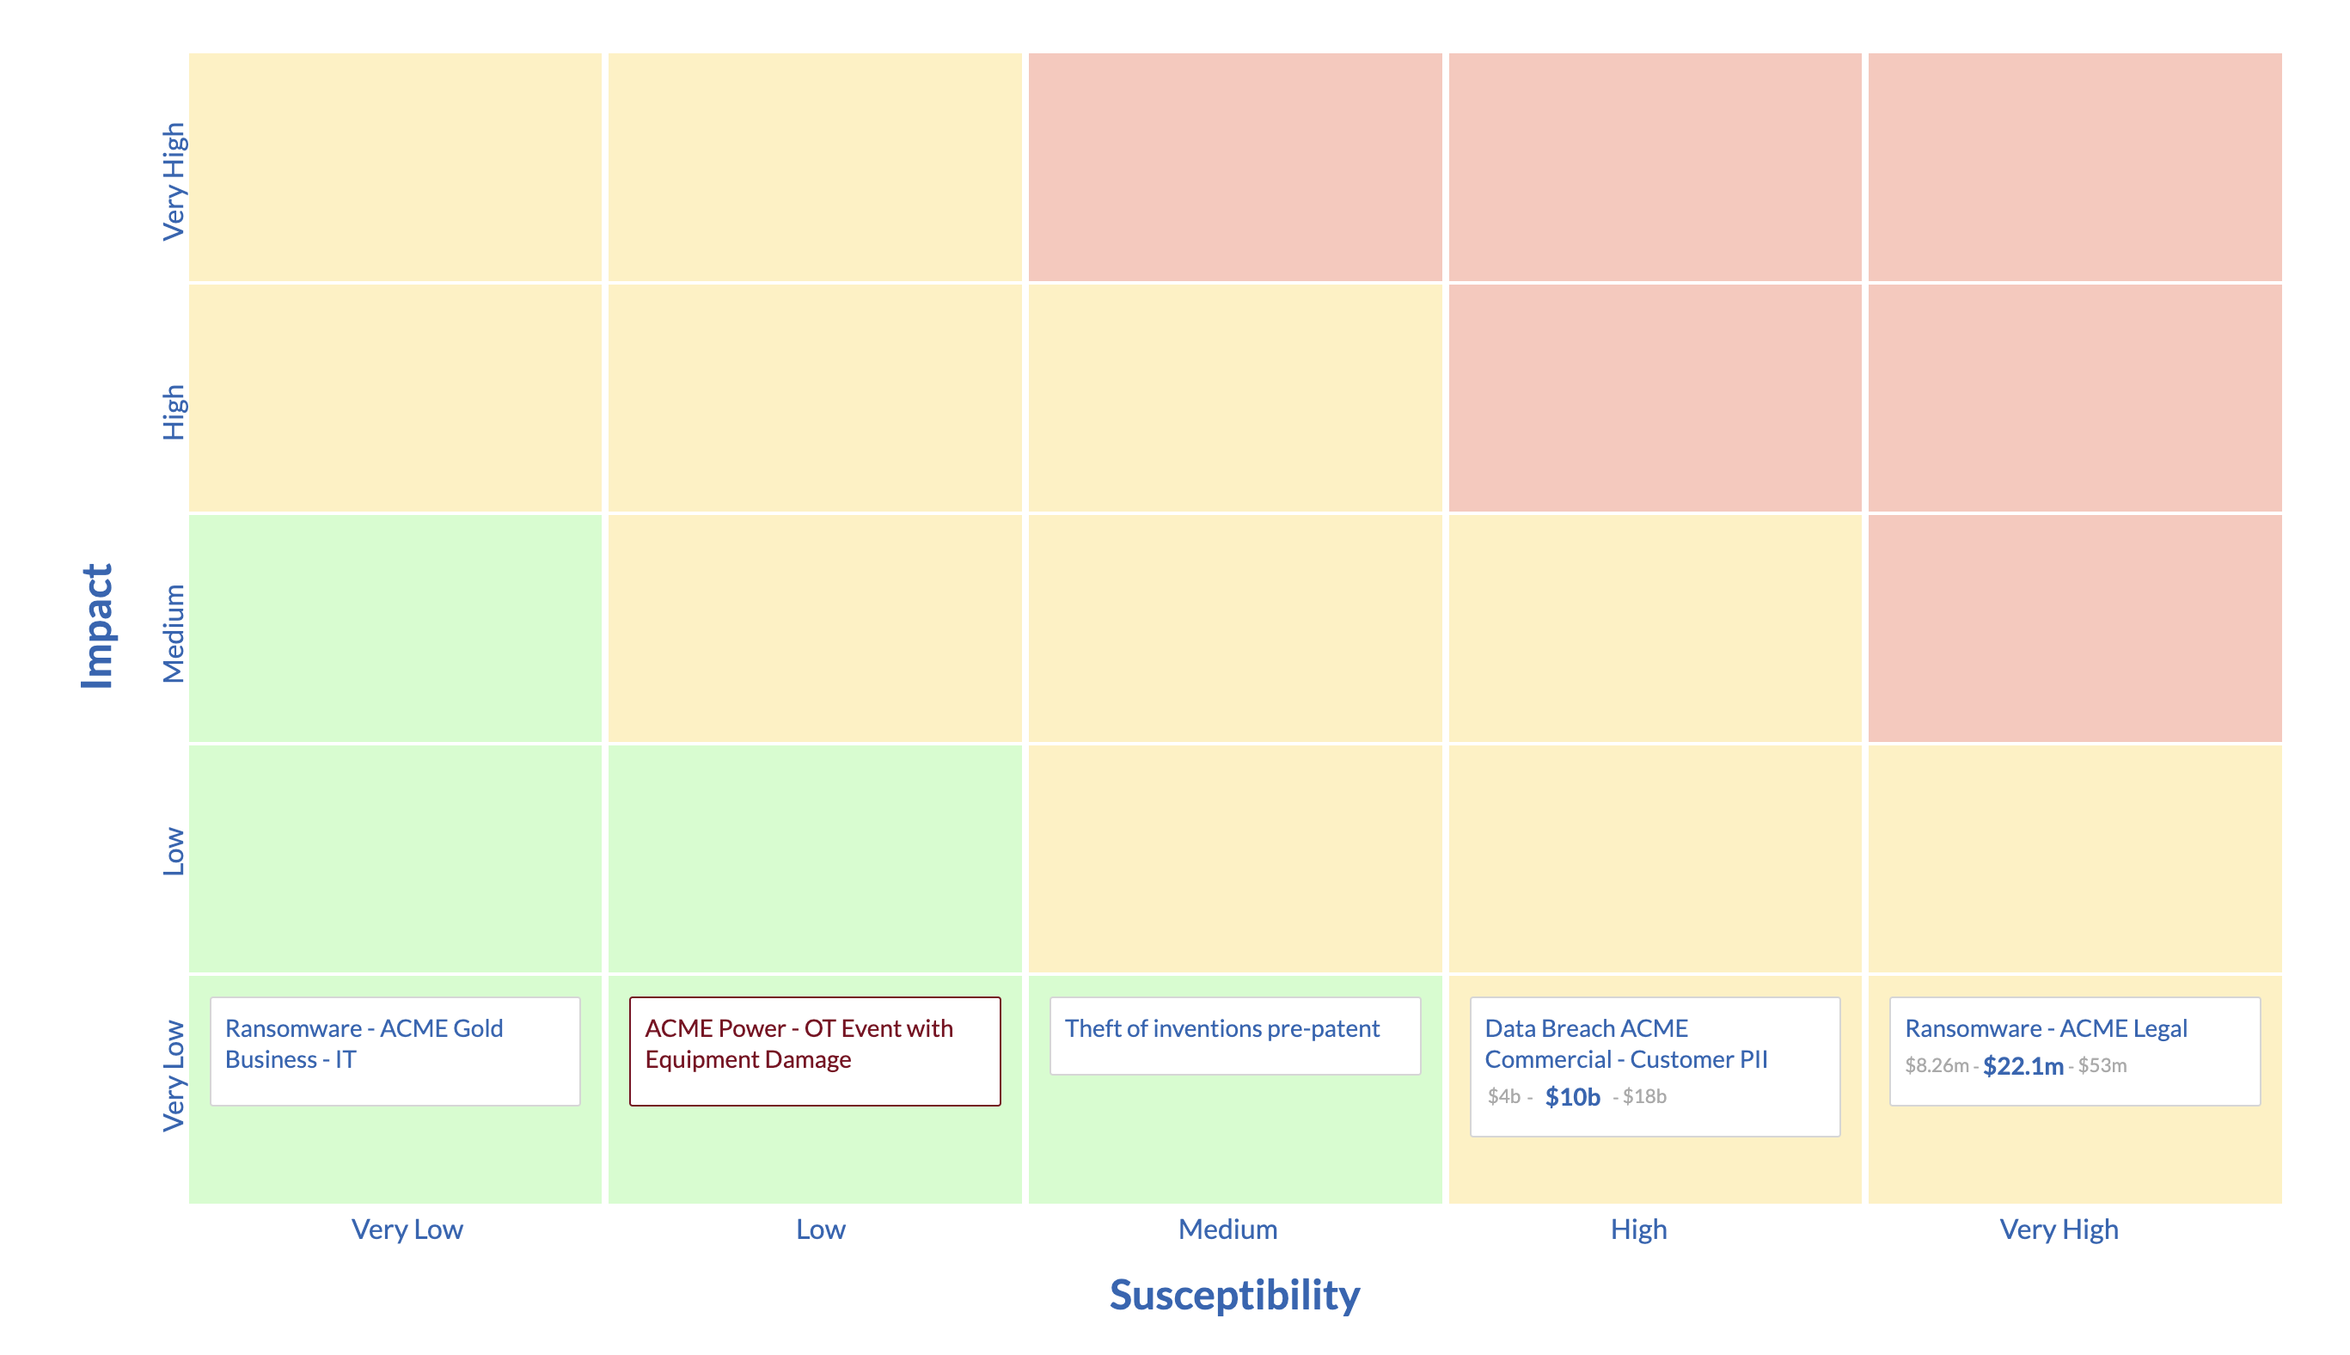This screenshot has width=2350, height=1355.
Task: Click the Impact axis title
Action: (x=97, y=626)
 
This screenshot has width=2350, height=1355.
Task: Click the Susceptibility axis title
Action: (x=1233, y=1295)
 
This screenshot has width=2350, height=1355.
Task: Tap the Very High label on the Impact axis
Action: (x=174, y=181)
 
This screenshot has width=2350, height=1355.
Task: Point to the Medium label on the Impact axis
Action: (x=174, y=634)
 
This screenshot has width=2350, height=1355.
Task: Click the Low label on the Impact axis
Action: (x=174, y=851)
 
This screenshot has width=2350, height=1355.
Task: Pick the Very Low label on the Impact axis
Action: (x=174, y=1076)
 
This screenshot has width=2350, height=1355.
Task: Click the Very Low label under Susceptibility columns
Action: (x=407, y=1229)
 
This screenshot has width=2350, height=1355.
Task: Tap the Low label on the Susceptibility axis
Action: (x=820, y=1229)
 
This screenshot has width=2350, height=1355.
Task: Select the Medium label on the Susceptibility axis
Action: (x=1227, y=1229)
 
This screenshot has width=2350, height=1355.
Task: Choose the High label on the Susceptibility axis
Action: (x=1637, y=1229)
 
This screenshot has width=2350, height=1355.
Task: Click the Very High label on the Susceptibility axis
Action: (x=2058, y=1229)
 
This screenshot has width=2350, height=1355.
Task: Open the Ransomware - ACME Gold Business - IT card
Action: (x=395, y=1051)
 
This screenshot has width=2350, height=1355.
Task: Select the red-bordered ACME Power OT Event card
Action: (x=814, y=1051)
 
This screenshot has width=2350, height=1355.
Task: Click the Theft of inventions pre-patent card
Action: (x=1233, y=1035)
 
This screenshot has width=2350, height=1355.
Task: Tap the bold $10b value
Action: (x=1571, y=1097)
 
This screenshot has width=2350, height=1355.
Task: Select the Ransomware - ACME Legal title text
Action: (x=2045, y=1028)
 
